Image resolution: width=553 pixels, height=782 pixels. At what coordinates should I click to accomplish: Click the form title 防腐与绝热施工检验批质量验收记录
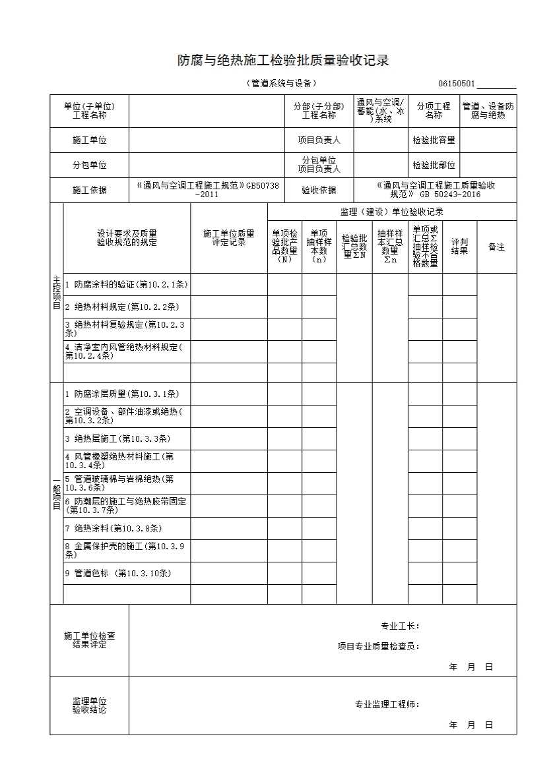tap(283, 61)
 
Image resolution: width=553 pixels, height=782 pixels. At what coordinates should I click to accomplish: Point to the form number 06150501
tap(456, 84)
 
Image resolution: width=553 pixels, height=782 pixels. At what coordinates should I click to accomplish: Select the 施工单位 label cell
tap(89, 140)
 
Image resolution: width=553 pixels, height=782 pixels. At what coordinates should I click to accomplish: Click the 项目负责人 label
tap(319, 140)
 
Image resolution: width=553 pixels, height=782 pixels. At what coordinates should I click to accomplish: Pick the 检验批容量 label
tap(434, 140)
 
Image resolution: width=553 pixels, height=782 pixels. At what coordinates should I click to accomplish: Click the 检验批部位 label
tap(434, 165)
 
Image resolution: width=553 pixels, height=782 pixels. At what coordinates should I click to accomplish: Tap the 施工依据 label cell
tap(89, 190)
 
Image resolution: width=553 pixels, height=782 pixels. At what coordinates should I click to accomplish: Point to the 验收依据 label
tap(319, 190)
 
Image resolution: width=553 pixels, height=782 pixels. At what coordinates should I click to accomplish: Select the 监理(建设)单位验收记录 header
tap(391, 212)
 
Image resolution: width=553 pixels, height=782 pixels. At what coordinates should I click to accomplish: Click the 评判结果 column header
tap(459, 247)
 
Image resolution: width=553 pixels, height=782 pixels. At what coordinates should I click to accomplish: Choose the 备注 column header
tap(496, 247)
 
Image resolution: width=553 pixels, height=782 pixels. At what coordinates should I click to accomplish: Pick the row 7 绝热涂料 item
tap(113, 528)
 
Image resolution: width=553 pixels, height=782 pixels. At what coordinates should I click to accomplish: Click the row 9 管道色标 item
tap(117, 573)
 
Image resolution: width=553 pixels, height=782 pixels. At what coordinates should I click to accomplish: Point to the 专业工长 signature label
tap(400, 626)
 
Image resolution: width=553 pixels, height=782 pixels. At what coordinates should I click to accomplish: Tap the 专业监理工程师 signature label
tap(387, 704)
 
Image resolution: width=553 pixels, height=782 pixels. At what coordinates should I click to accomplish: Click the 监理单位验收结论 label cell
tap(89, 706)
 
